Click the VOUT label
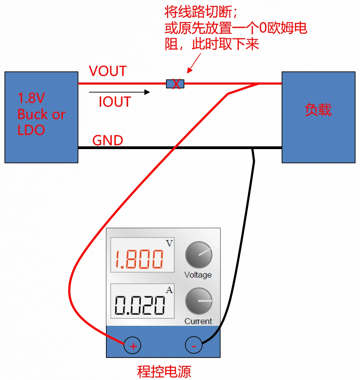click(x=108, y=71)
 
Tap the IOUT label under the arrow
click(x=115, y=102)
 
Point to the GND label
click(x=108, y=140)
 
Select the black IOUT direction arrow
click(x=119, y=92)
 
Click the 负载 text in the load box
click(x=318, y=110)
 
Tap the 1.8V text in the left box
click(x=31, y=98)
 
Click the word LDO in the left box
click(x=31, y=130)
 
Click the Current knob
click(x=198, y=301)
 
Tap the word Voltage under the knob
click(x=198, y=275)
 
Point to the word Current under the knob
click(x=198, y=321)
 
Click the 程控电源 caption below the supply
click(x=164, y=372)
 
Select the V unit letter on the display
click(x=169, y=243)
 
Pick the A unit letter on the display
click(x=169, y=290)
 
